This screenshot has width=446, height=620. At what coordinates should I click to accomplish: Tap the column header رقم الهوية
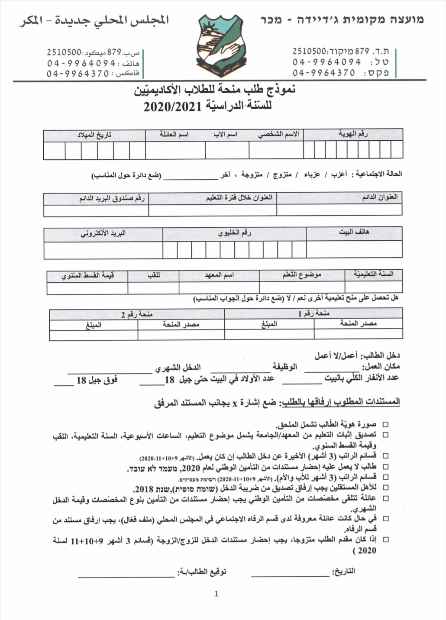(x=353, y=135)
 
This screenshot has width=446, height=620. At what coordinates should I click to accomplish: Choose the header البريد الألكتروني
(x=103, y=234)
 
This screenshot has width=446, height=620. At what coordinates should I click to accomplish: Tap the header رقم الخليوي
(x=235, y=234)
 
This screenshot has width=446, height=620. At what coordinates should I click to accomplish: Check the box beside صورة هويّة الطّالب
(x=385, y=425)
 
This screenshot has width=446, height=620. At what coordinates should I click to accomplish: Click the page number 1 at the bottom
(x=217, y=594)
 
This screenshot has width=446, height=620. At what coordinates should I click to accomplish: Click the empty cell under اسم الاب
(x=227, y=151)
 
